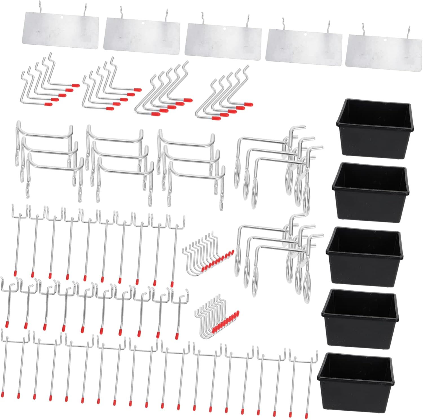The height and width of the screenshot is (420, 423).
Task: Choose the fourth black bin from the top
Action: (360, 318)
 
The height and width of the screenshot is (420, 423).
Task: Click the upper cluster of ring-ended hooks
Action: (278, 166)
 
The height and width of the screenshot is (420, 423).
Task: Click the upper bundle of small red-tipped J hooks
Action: (208, 252)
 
